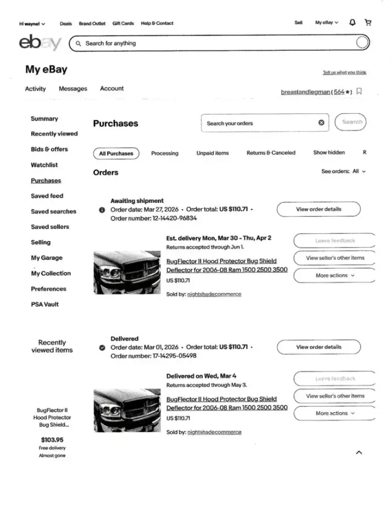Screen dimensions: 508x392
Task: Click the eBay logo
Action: [x=40, y=44]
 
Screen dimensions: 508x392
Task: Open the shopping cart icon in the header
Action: [x=368, y=23]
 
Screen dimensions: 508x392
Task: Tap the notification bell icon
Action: [x=352, y=23]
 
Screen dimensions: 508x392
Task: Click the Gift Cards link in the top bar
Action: [x=123, y=23]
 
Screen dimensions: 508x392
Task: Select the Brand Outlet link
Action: [x=92, y=23]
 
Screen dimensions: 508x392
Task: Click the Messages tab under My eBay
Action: [x=73, y=88]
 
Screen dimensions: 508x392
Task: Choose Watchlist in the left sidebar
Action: [x=44, y=165]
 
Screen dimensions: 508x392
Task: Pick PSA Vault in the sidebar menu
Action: [x=45, y=304]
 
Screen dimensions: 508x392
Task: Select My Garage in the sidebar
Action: [x=47, y=258]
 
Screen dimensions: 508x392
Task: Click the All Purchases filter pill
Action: [x=116, y=153]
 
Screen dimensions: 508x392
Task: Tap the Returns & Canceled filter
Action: [x=271, y=153]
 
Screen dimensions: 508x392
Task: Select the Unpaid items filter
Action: [x=212, y=153]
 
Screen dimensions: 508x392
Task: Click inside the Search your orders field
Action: [x=259, y=123]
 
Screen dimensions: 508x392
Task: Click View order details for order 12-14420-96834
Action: [x=318, y=209]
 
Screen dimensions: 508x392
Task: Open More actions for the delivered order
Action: [x=335, y=414]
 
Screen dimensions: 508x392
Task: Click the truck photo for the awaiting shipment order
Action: [x=127, y=273]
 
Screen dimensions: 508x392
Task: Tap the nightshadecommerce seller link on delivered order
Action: [x=214, y=432]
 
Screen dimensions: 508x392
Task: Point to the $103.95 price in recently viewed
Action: [x=52, y=439]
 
